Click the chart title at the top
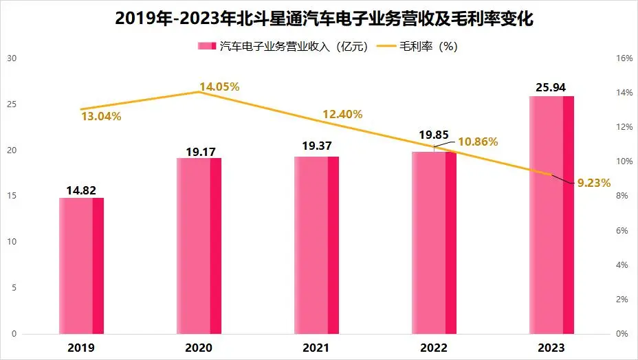319,19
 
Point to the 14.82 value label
81,190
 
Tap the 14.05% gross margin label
219,87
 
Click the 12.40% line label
342,114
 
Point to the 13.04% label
101,117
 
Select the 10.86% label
478,142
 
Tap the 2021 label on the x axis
316,348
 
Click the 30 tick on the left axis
11,58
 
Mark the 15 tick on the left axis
11,196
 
